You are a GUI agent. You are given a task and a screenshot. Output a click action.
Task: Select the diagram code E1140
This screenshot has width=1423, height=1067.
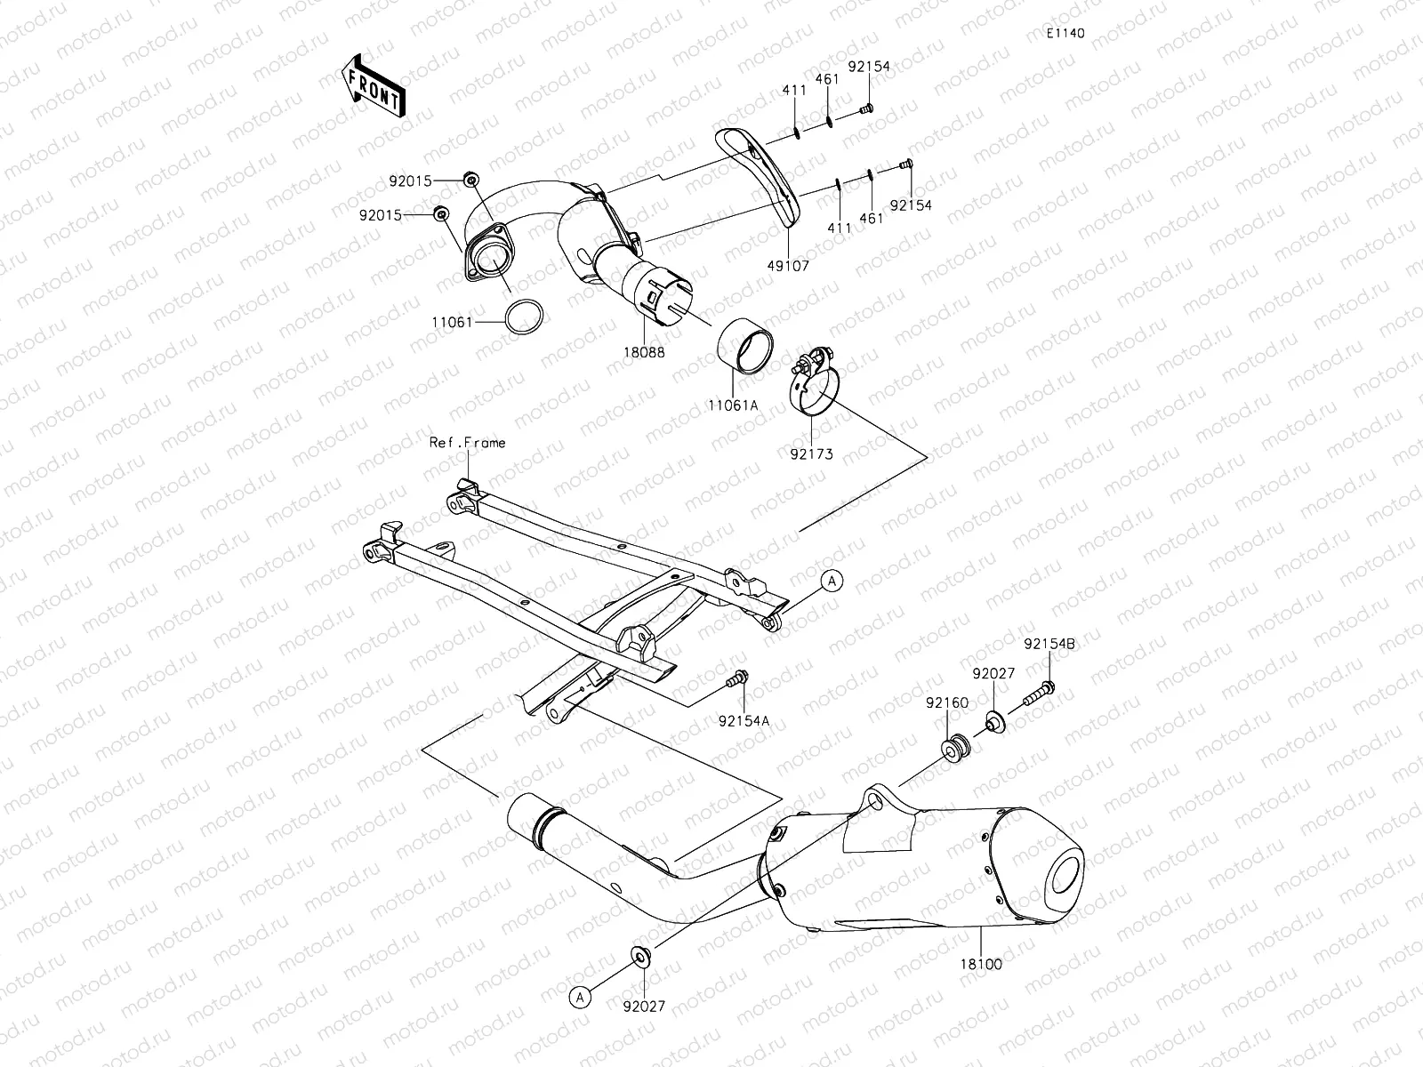click(x=1065, y=34)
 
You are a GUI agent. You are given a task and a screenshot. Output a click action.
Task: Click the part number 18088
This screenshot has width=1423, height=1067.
click(x=644, y=352)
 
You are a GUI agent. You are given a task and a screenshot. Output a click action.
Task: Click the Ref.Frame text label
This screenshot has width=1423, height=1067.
click(x=467, y=442)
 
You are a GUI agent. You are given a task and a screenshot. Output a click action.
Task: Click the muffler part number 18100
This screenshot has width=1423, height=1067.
click(x=981, y=963)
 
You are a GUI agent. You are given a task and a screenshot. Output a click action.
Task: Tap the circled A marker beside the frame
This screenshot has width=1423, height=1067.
click(x=832, y=581)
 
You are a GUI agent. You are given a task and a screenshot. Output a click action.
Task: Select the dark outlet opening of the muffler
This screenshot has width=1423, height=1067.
click(x=1065, y=872)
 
